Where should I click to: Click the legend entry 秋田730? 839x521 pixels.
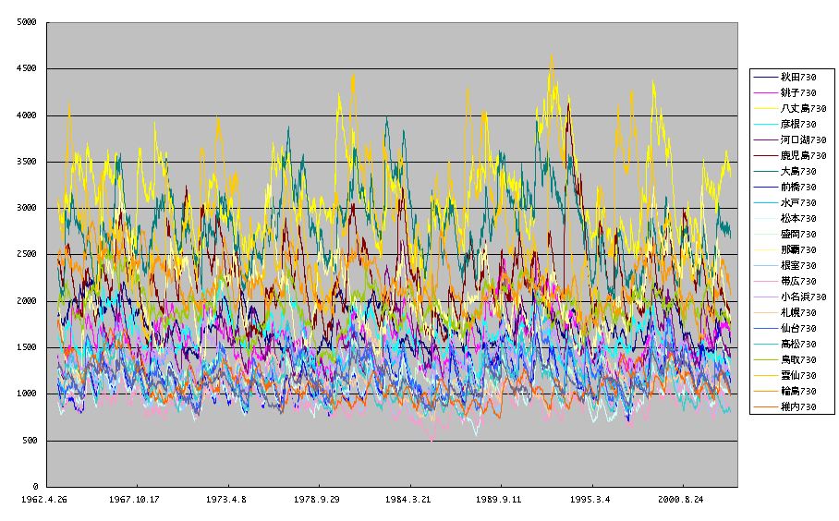(797, 77)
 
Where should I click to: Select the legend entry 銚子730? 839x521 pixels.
(797, 92)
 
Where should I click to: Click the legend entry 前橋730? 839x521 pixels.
(797, 187)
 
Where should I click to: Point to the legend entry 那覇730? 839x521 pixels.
(797, 249)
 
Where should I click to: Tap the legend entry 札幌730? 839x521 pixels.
(797, 312)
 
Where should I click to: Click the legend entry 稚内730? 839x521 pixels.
(797, 406)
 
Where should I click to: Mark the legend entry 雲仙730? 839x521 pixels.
(797, 375)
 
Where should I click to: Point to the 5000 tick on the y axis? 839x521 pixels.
(27, 22)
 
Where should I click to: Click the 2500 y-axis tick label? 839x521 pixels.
(27, 254)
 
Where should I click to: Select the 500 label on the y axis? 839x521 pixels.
(30, 441)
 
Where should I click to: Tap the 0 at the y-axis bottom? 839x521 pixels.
(35, 487)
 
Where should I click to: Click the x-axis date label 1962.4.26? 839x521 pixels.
(45, 500)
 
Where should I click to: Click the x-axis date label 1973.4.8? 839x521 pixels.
(227, 500)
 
